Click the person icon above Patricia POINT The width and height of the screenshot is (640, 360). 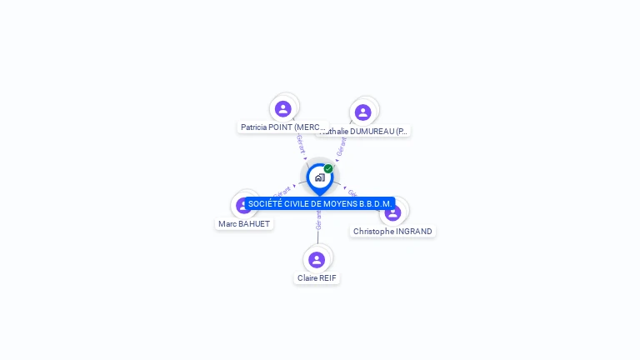pos(283,108)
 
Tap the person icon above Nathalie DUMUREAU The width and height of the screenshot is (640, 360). pos(362,112)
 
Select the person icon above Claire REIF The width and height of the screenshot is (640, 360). pos(317,259)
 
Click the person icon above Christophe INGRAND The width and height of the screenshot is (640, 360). pos(392,212)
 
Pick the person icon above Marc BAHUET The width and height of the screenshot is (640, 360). pos(243,205)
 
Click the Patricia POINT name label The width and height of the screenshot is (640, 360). pos(283,127)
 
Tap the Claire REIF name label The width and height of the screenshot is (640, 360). pos(317,277)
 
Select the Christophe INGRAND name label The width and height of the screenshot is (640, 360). pos(392,231)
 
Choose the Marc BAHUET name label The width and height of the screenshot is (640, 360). pos(244,223)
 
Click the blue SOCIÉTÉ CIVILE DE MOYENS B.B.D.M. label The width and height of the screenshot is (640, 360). pos(320,203)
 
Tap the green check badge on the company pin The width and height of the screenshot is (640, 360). pos(328,169)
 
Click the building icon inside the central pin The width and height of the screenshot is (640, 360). pos(319,177)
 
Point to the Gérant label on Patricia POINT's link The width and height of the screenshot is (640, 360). pos(301,144)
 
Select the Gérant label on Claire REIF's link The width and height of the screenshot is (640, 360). pos(318,220)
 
